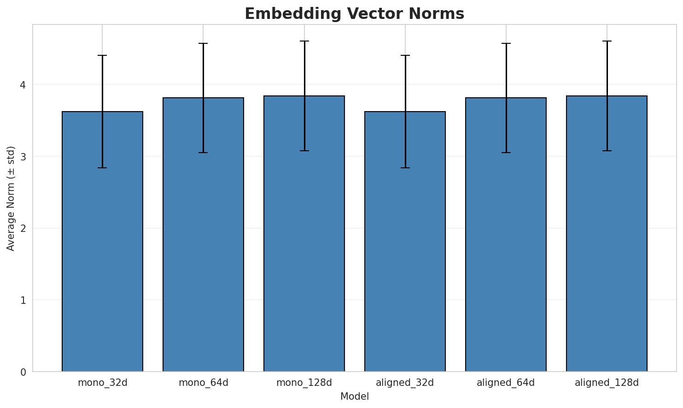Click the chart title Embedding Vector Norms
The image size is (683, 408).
pyautogui.click(x=354, y=14)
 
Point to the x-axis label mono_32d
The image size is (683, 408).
pyautogui.click(x=102, y=383)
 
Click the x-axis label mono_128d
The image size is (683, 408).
pyautogui.click(x=304, y=383)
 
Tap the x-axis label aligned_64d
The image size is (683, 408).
pyautogui.click(x=506, y=383)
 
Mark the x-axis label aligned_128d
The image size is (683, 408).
pyautogui.click(x=607, y=383)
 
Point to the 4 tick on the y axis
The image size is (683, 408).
pyautogui.click(x=23, y=85)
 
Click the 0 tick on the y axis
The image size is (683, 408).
pyautogui.click(x=23, y=372)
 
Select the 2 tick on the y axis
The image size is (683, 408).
pyautogui.click(x=23, y=228)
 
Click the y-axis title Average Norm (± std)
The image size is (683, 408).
pyautogui.click(x=11, y=198)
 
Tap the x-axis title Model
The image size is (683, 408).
pyautogui.click(x=354, y=396)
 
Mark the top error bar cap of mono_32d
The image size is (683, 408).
pyautogui.click(x=102, y=55)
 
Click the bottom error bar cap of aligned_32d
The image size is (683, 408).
pyautogui.click(x=405, y=168)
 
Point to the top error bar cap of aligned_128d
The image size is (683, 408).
pyautogui.click(x=607, y=41)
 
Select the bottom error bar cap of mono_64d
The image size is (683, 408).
pyautogui.click(x=203, y=153)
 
